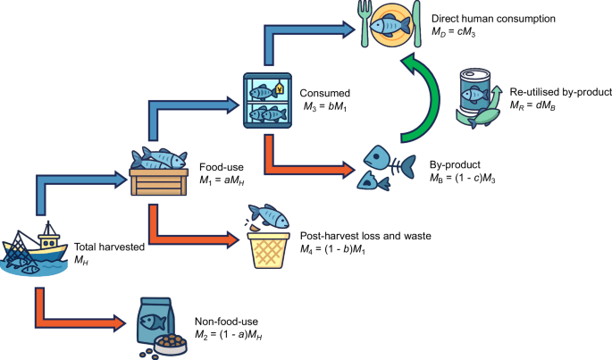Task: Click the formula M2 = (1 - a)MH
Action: point(230,334)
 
